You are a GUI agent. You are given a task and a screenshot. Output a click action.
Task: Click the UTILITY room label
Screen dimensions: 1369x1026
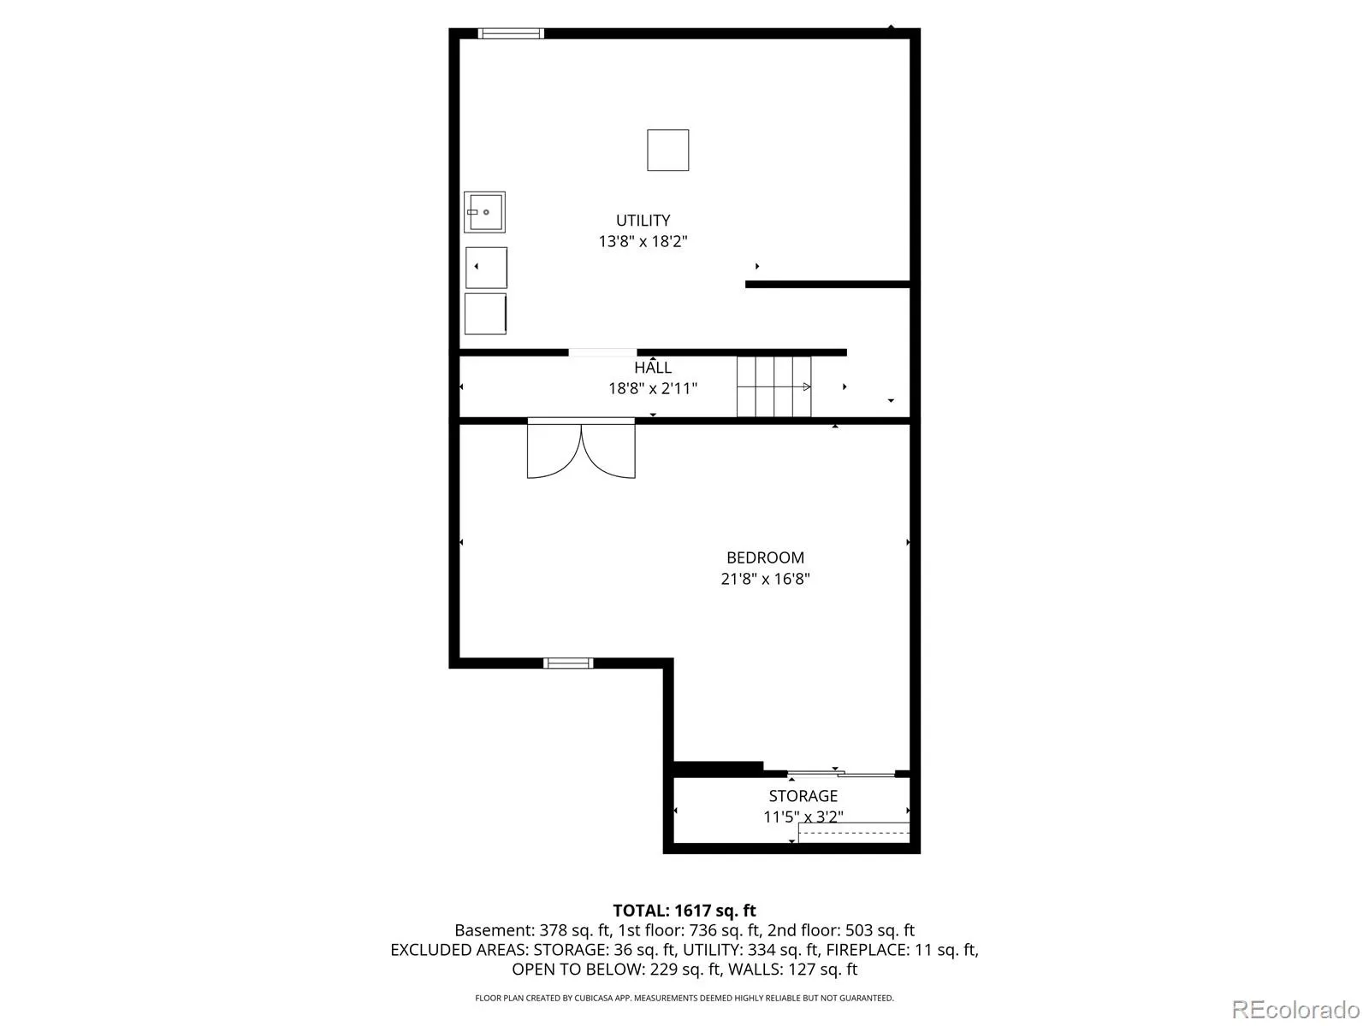(643, 220)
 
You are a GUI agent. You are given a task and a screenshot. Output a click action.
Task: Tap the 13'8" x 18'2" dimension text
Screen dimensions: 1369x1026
(643, 241)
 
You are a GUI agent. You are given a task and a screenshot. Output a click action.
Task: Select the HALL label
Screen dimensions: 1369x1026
(653, 368)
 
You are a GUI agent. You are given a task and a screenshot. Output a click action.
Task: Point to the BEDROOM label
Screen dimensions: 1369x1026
(765, 557)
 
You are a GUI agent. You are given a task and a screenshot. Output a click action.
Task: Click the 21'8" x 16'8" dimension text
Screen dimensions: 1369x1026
(765, 579)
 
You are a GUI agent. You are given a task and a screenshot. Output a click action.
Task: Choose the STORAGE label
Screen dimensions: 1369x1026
(803, 796)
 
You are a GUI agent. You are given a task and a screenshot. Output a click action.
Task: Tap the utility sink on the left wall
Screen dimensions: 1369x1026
(484, 212)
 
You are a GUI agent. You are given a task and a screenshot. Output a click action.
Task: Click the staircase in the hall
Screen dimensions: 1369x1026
(774, 386)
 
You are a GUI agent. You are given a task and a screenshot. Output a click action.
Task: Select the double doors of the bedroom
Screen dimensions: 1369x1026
(581, 449)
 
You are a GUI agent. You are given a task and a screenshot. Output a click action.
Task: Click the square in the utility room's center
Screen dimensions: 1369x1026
(668, 150)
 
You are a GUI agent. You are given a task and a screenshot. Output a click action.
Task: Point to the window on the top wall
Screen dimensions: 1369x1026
(511, 33)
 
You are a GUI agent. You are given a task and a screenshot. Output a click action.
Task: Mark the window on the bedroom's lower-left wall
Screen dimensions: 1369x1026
(568, 663)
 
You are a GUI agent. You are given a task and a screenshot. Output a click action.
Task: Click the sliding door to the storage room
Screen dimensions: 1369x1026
(841, 775)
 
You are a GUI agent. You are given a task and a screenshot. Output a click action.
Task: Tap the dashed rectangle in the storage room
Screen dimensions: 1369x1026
(854, 833)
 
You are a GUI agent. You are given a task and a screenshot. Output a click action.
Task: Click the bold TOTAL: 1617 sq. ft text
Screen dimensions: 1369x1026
(684, 911)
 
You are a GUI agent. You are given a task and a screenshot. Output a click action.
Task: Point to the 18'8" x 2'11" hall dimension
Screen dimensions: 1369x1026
(653, 389)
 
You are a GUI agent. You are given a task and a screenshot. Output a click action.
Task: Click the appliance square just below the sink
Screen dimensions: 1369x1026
(487, 268)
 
